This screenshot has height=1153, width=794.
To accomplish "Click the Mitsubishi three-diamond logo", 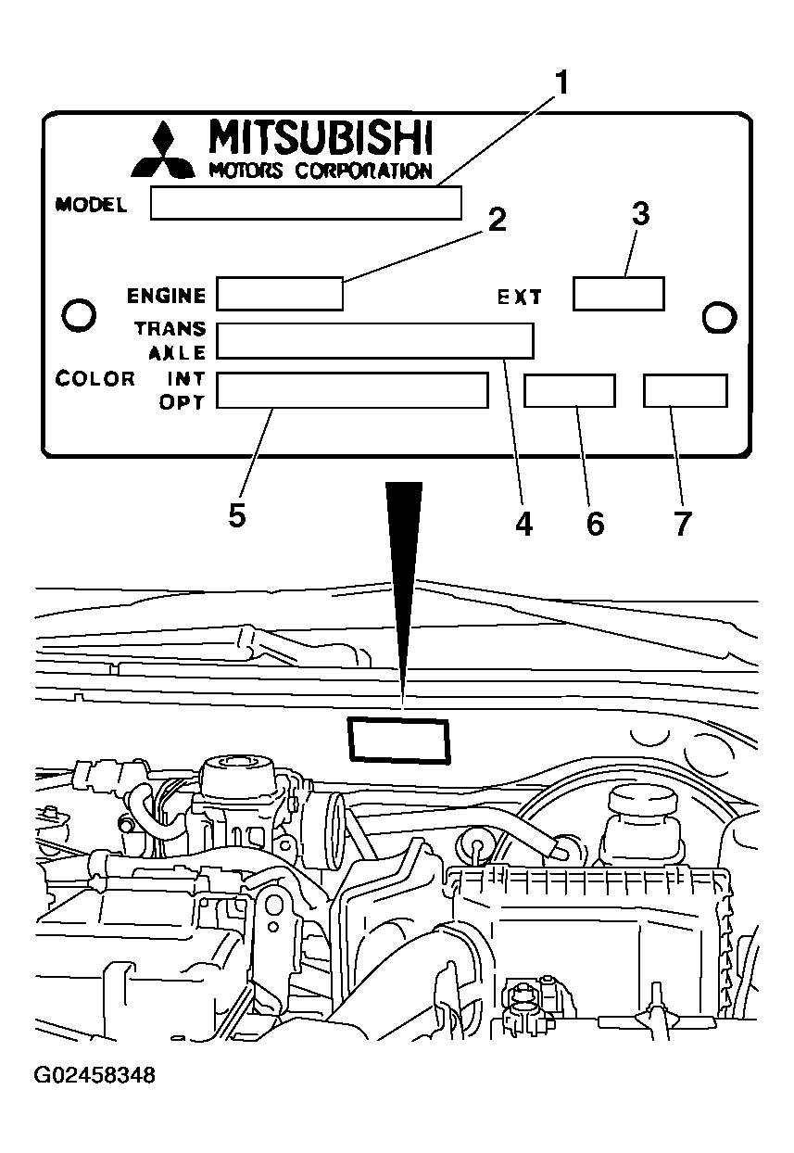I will pyautogui.click(x=163, y=150).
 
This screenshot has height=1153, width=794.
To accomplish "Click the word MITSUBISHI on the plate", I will pyautogui.click(x=321, y=137).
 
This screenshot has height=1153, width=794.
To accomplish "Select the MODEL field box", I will pyautogui.click(x=306, y=203).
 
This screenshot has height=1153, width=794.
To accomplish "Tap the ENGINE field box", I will pyautogui.click(x=280, y=293).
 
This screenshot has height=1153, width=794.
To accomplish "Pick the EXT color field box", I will pyautogui.click(x=618, y=293).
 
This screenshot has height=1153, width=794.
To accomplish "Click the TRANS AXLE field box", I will pyautogui.click(x=375, y=340).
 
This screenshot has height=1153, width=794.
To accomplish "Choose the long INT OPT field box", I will pyautogui.click(x=352, y=390).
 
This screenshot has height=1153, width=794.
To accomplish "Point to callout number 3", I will pyautogui.click(x=640, y=215).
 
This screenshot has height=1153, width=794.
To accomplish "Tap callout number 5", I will pyautogui.click(x=237, y=515).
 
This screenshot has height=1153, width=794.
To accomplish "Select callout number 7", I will pyautogui.click(x=683, y=523).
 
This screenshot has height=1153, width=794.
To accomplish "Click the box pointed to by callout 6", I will pyautogui.click(x=569, y=390).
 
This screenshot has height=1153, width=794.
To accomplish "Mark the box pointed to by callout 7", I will pyautogui.click(x=686, y=390).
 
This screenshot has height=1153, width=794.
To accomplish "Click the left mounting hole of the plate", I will pyautogui.click(x=78, y=315).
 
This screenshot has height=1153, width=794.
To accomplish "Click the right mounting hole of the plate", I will pyautogui.click(x=719, y=317).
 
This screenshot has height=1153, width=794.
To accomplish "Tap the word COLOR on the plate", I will pyautogui.click(x=95, y=379).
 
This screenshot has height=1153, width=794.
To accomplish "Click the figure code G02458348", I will pyautogui.click(x=95, y=1076).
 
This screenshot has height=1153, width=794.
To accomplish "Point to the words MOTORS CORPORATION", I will pyautogui.click(x=321, y=171).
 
